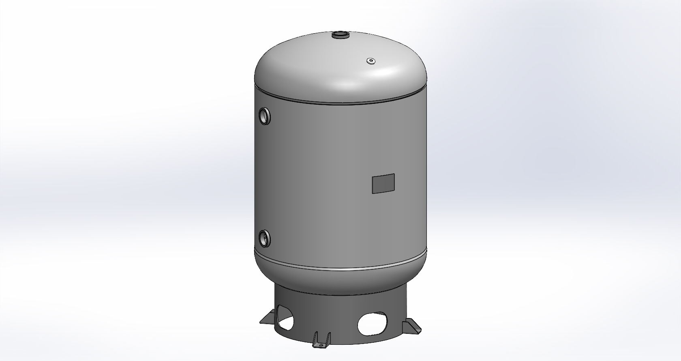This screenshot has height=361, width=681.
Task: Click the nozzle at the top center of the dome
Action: coord(341,36)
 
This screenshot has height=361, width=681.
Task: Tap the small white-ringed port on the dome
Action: coord(371,61)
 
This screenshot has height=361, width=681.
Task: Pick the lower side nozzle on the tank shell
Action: coord(264,238)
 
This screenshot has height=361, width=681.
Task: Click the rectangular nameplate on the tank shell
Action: coord(383,183)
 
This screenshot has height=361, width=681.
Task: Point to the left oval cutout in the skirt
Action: coord(285,320)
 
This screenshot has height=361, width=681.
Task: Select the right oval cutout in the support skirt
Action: coord(372,323)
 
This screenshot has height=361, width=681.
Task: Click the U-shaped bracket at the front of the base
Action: coord(321,341)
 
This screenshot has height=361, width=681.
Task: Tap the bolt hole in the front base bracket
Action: coord(321,346)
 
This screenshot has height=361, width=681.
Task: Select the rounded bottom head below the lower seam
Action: coord(340,280)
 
